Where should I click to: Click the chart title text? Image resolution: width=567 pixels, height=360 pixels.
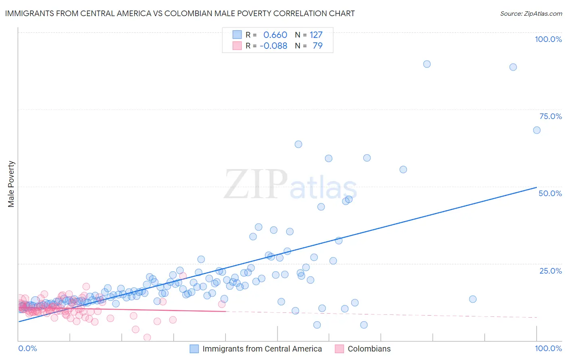pyautogui.click(x=180, y=13)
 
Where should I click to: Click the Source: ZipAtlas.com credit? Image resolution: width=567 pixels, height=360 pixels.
pyautogui.click(x=531, y=13)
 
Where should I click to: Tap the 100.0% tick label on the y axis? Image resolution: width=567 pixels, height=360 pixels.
pyautogui.click(x=548, y=39)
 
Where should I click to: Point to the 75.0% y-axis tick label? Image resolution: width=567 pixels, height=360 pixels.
pyautogui.click(x=550, y=116)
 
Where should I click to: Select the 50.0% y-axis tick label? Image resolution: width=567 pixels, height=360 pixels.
pyautogui.click(x=550, y=193)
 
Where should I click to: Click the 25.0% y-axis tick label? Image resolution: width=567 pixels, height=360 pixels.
pyautogui.click(x=550, y=270)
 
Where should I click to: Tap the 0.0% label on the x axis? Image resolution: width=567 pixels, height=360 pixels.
pyautogui.click(x=27, y=348)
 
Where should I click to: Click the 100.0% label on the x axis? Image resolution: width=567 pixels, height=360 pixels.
pyautogui.click(x=548, y=348)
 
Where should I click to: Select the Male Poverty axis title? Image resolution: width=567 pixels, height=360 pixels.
pyautogui.click(x=11, y=184)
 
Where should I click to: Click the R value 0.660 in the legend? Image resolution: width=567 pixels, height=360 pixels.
pyautogui.click(x=275, y=35)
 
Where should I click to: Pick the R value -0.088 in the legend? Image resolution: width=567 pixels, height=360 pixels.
pyautogui.click(x=273, y=46)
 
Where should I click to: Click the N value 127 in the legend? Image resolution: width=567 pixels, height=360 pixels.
pyautogui.click(x=316, y=35)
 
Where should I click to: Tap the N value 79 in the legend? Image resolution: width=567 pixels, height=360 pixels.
pyautogui.click(x=317, y=46)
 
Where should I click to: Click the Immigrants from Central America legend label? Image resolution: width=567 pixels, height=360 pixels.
pyautogui.click(x=262, y=349)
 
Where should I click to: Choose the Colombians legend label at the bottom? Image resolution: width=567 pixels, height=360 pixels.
pyautogui.click(x=369, y=349)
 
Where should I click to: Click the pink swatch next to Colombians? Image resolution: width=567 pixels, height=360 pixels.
pyautogui.click(x=339, y=349)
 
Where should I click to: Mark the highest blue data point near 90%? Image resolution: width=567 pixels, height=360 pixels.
pyautogui.click(x=427, y=64)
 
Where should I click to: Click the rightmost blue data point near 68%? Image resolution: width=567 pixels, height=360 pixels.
pyautogui.click(x=537, y=130)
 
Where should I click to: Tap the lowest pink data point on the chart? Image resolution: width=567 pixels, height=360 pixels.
pyautogui.click(x=147, y=337)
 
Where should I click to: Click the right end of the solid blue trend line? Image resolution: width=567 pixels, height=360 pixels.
pyautogui.click(x=536, y=187)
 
